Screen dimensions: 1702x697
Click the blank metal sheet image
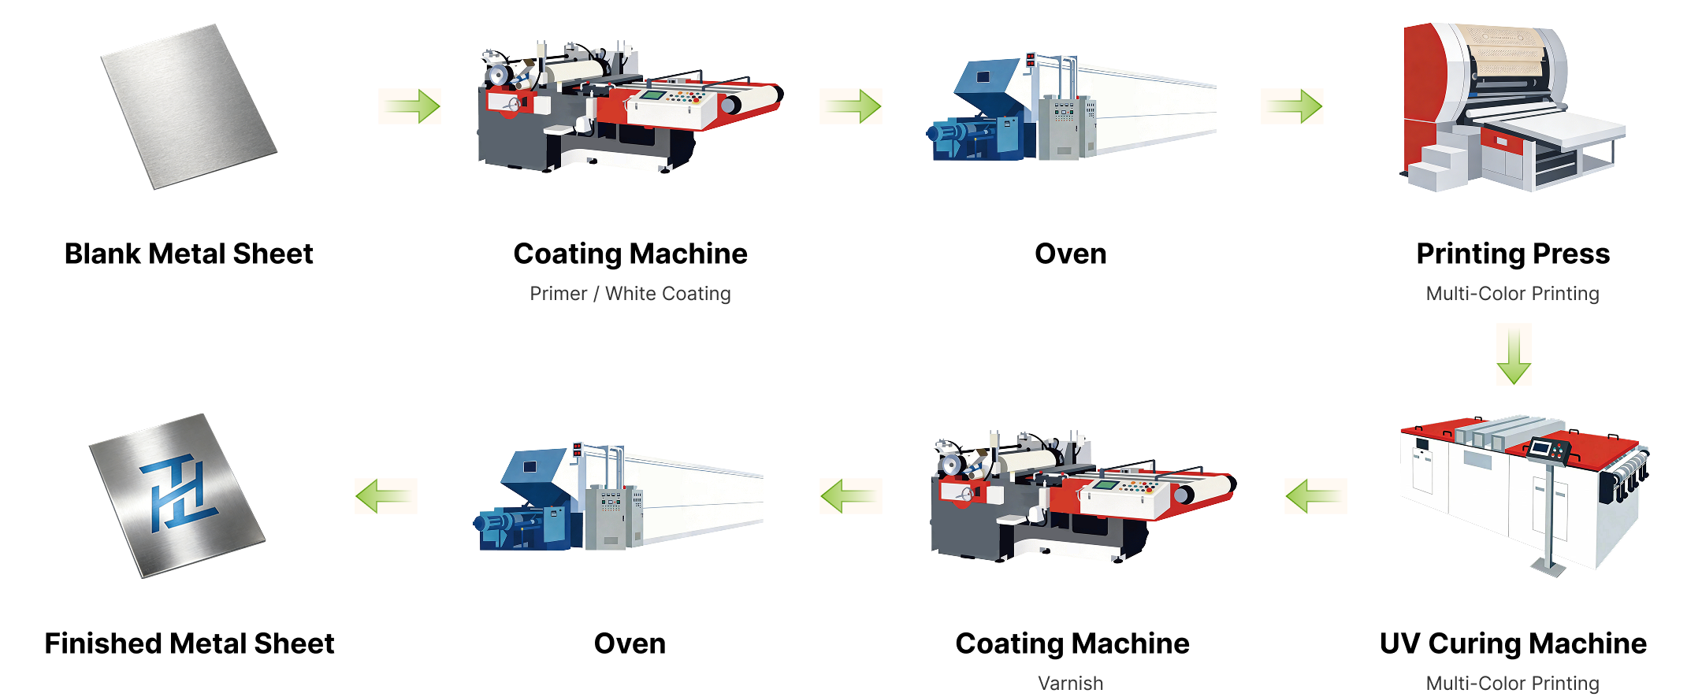tap(189, 107)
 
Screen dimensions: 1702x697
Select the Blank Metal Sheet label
tap(189, 254)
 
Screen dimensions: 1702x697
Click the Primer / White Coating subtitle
tap(630, 294)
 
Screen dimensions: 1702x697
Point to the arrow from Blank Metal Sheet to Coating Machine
tap(410, 106)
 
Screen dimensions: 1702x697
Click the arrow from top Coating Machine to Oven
tap(851, 106)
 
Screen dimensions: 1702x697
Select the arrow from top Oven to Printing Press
tap(1292, 106)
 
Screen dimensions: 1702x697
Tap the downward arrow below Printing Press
tap(1514, 355)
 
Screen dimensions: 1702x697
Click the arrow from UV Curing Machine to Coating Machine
tap(1316, 496)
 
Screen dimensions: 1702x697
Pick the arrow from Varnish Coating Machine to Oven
tap(851, 496)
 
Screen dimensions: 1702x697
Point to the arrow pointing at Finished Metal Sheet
tap(386, 496)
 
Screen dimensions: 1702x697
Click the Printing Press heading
tap(1513, 254)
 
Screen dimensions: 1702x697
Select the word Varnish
tap(1071, 683)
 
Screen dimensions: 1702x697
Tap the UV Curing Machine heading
tap(1513, 643)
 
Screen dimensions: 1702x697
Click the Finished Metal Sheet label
tap(189, 643)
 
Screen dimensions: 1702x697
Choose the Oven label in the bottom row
tap(630, 643)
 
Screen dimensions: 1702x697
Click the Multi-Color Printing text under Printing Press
tap(1513, 294)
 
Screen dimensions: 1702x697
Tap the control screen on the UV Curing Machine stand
tap(1542, 448)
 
